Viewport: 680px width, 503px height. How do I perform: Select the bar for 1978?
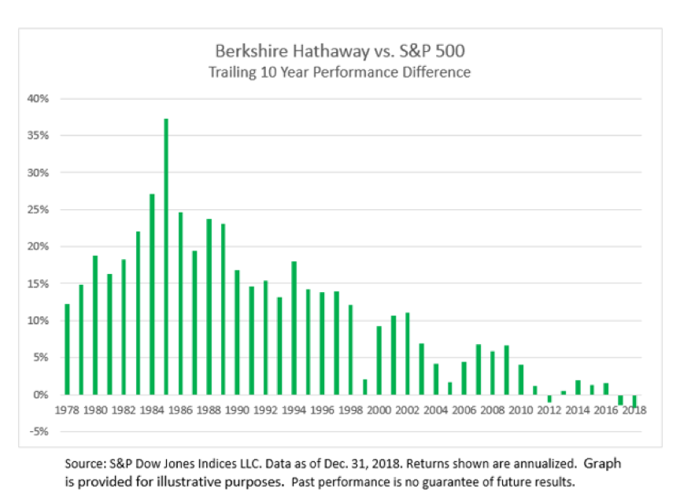pyautogui.click(x=67, y=349)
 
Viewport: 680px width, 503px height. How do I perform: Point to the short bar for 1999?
pyautogui.click(x=364, y=386)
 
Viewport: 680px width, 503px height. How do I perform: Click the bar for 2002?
pyautogui.click(x=407, y=353)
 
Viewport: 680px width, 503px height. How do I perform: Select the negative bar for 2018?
pyautogui.click(x=634, y=400)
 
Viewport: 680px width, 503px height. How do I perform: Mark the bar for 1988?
pyautogui.click(x=209, y=306)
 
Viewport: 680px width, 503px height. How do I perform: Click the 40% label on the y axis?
pyautogui.click(x=39, y=99)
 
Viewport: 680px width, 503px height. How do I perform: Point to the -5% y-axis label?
pyautogui.click(x=39, y=431)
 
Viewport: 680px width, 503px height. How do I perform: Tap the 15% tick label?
pyautogui.click(x=39, y=283)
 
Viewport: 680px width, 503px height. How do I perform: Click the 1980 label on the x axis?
pyautogui.click(x=95, y=410)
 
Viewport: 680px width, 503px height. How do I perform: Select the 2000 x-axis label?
pyautogui.click(x=379, y=410)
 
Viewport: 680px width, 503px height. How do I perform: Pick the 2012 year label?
pyautogui.click(x=549, y=410)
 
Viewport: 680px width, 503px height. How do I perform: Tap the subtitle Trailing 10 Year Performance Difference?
pyautogui.click(x=339, y=72)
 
